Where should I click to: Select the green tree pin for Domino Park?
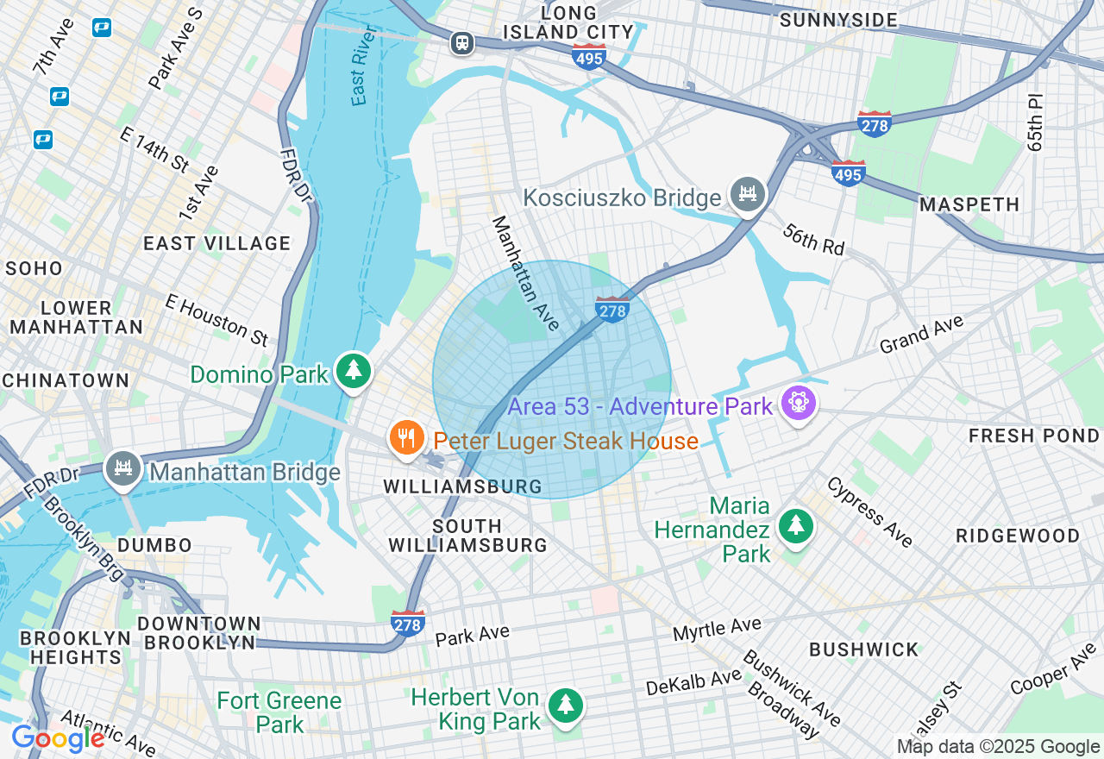(353, 372)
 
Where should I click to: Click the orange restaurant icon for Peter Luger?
(405, 438)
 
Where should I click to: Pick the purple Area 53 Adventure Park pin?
(799, 404)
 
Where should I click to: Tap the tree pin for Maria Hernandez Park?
(795, 525)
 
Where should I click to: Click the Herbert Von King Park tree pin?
(565, 706)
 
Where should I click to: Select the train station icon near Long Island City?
(462, 42)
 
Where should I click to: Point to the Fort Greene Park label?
(279, 712)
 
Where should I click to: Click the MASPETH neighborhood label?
(969, 204)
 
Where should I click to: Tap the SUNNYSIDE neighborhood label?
(838, 20)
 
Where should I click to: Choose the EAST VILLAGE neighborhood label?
(216, 243)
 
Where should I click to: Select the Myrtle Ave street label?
(717, 629)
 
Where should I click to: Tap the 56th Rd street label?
(813, 239)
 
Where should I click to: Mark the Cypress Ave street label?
(869, 511)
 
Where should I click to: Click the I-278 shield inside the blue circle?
(612, 309)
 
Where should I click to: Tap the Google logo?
(58, 738)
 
